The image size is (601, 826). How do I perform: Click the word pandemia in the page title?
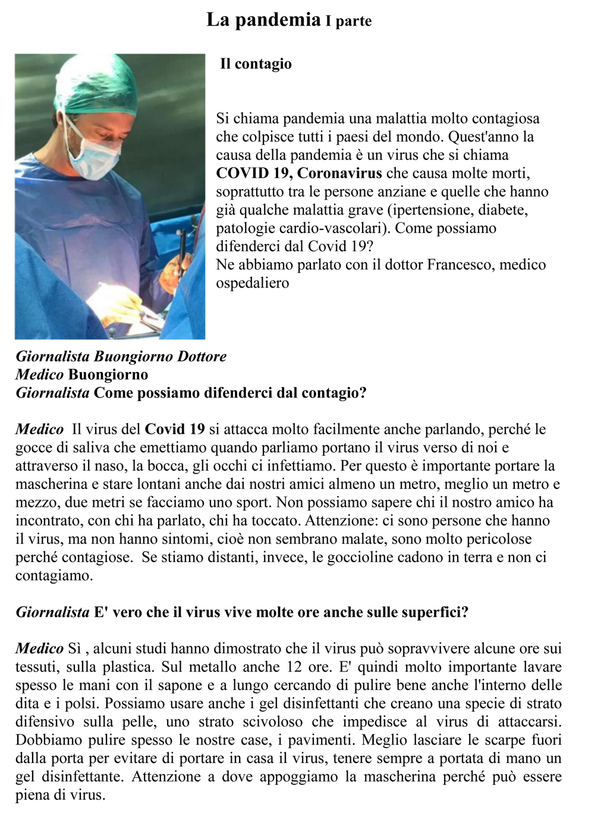[278, 20]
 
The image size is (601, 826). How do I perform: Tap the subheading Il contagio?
[256, 64]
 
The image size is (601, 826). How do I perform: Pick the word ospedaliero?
[252, 283]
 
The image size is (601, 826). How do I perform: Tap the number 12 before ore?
[294, 667]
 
